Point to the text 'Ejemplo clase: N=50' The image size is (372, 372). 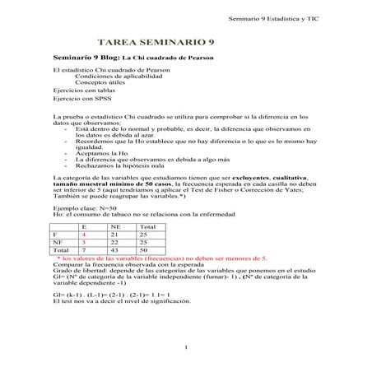[86, 209]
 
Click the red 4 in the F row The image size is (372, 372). [84, 235]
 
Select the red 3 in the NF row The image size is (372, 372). [84, 243]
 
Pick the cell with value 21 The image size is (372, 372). [114, 235]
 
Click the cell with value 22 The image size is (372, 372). [114, 243]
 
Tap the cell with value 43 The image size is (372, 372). [114, 251]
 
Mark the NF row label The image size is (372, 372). [57, 243]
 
